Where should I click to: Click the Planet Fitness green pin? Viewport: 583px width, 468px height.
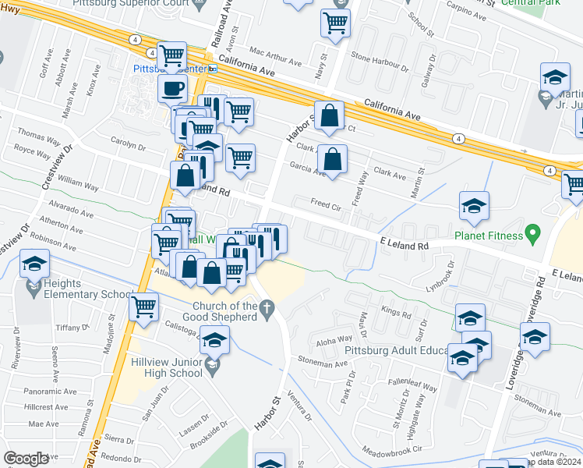click(533, 232)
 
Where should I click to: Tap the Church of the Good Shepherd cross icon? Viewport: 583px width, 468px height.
click(267, 310)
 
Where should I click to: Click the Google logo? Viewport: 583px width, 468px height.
click(26, 459)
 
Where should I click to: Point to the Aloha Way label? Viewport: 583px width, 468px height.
click(330, 342)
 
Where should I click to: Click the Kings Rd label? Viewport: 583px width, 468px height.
click(396, 312)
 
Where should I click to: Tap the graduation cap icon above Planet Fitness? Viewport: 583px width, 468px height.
click(474, 206)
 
